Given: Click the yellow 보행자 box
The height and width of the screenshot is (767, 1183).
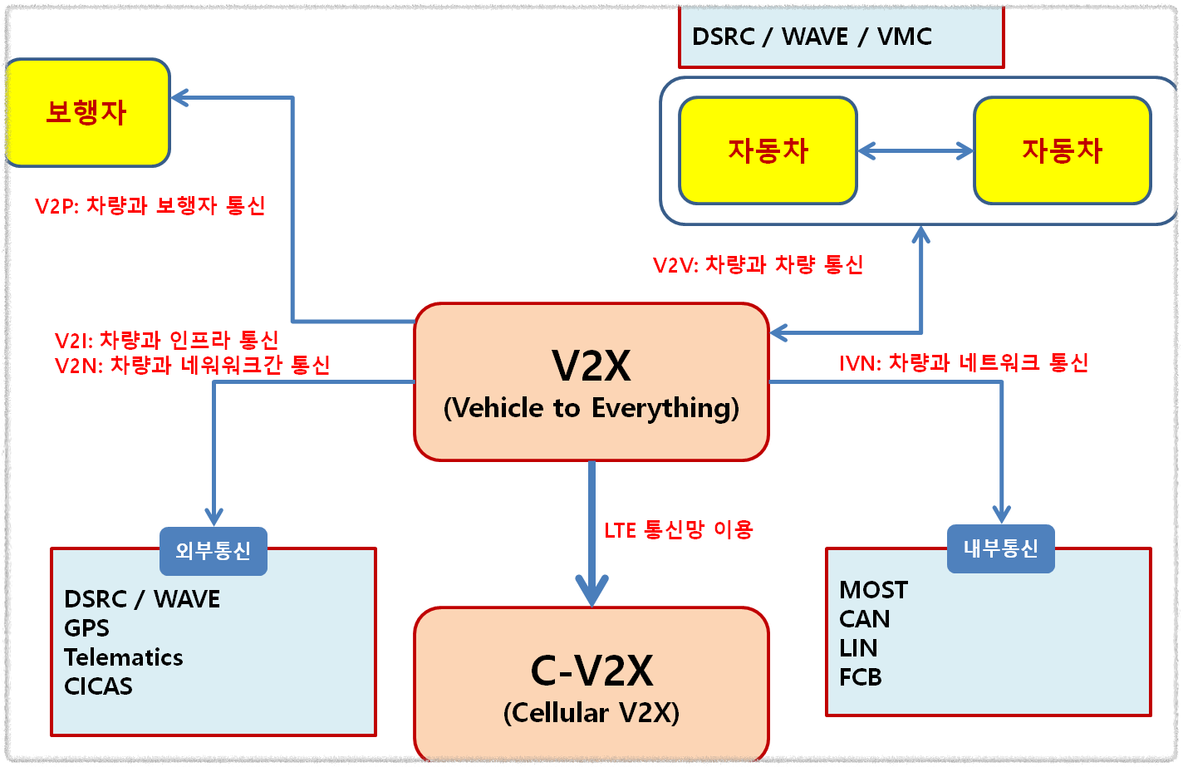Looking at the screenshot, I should coord(87,112).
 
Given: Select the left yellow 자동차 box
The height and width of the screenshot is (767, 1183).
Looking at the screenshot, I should coord(768,150).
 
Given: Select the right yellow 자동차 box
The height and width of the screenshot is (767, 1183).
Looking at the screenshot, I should coord(1062,150).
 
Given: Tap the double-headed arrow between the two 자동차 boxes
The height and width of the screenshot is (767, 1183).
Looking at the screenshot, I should coord(915,150).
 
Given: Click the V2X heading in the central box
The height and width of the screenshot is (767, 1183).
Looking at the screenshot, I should coord(591,366).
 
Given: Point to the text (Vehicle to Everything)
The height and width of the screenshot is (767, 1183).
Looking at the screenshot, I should coord(591,408).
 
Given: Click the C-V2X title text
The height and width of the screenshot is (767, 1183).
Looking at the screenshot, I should coord(591,671).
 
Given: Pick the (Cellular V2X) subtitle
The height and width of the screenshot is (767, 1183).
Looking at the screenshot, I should coord(591,713).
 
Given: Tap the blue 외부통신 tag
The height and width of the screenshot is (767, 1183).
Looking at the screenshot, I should coord(214,551).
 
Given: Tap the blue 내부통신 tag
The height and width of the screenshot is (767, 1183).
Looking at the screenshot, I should coord(1001,548).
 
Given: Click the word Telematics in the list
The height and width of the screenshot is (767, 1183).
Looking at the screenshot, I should coord(124,657).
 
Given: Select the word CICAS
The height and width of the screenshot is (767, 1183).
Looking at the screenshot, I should coord(98,686).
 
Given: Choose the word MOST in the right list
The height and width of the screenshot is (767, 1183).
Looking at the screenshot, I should coord(874,590).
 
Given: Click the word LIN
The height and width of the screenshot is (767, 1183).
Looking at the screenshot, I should coord(858,648).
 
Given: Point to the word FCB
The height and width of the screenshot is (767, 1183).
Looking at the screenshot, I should coord(861,677).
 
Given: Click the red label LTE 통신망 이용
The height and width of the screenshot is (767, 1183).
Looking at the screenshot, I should coord(679,529).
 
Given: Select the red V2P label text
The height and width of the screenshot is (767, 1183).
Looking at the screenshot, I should coord(150,205).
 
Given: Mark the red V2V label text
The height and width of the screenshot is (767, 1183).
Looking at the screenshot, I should coord(758,264).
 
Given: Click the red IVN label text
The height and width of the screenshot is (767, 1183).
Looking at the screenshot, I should coord(964,362).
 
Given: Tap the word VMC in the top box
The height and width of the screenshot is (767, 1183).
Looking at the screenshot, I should coord(905,37).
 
